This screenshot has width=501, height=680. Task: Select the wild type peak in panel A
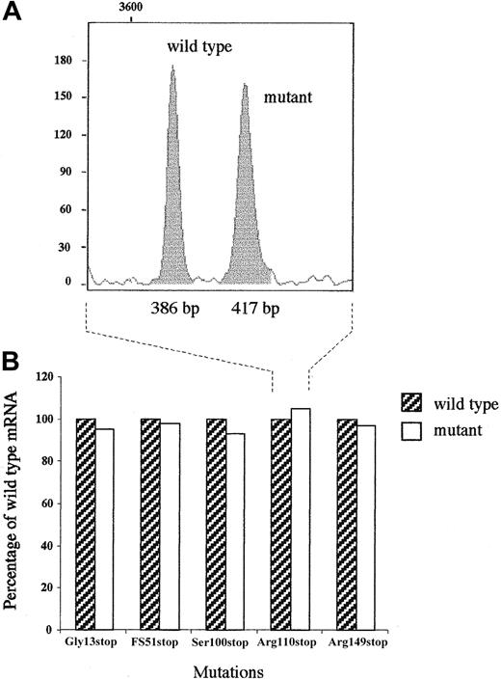172,193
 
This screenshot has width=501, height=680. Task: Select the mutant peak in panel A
244,203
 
